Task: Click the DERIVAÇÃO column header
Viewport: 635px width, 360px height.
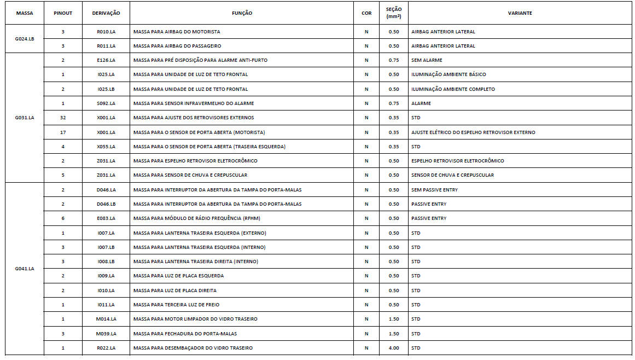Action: point(106,13)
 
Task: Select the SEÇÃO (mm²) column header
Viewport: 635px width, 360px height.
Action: point(394,13)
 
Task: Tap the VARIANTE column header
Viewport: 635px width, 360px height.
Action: point(520,13)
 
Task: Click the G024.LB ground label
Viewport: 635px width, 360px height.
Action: point(25,39)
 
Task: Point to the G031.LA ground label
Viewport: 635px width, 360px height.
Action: point(25,118)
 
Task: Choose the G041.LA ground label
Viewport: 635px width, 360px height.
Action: point(25,269)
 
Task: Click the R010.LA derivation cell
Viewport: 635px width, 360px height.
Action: point(106,32)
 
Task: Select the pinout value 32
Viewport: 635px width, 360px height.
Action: point(63,118)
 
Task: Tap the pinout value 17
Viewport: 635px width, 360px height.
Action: point(63,132)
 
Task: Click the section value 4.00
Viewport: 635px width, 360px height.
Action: point(394,348)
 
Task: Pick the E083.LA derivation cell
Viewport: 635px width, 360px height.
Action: point(106,218)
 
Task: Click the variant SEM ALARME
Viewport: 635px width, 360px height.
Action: point(427,60)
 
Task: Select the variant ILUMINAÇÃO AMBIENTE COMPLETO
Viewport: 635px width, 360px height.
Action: point(453,89)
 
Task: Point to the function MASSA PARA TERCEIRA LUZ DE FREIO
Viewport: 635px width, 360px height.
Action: point(176,305)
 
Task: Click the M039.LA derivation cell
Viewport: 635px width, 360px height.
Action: point(106,334)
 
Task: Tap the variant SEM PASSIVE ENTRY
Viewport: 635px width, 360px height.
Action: point(434,190)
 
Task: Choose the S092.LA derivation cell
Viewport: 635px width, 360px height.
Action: point(106,103)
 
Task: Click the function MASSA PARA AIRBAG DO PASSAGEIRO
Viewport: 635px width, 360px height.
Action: point(177,46)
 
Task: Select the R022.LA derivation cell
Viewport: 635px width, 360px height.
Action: point(106,348)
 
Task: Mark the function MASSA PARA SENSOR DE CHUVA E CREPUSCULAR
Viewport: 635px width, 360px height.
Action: point(190,175)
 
